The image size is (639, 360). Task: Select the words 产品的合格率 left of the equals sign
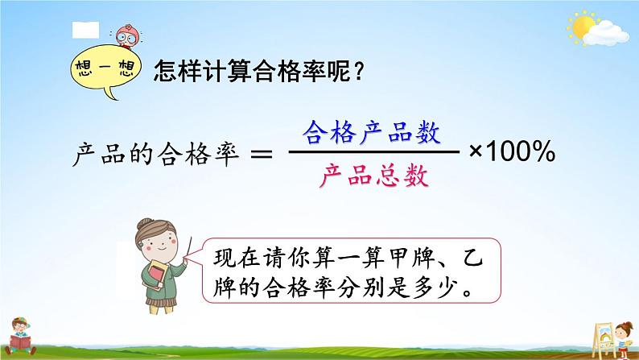[x=158, y=153]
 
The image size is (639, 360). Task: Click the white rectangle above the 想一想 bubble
[x=85, y=30]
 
